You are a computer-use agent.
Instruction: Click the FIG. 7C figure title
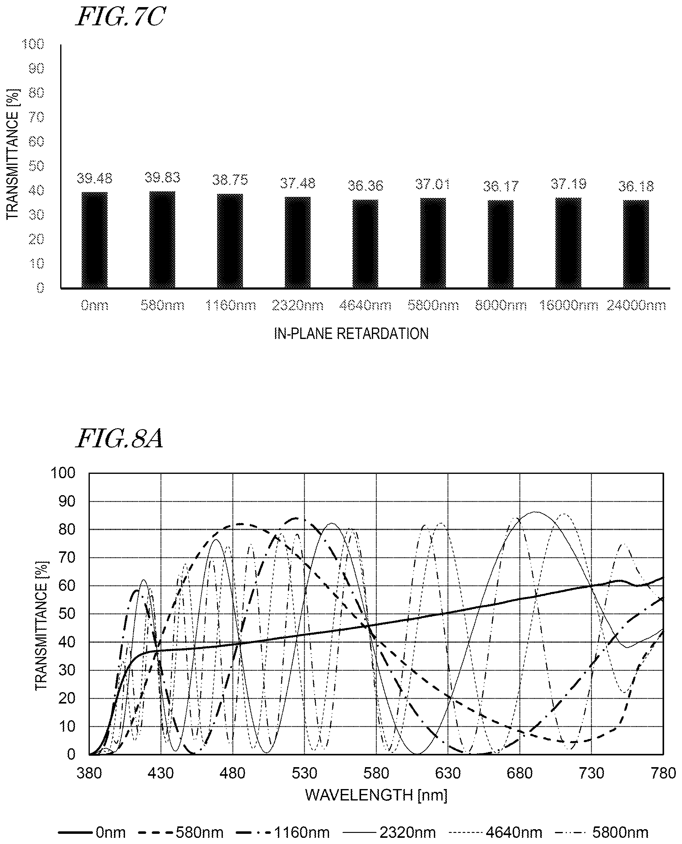[120, 17]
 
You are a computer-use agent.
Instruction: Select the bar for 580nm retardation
[162, 240]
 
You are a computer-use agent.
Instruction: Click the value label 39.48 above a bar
[94, 178]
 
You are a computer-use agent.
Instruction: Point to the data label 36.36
[365, 186]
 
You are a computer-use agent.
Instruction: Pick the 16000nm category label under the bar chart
[568, 305]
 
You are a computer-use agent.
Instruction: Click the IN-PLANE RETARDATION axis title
[351, 334]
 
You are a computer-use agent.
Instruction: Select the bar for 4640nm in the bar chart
[365, 244]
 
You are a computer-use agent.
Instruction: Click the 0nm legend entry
[92, 833]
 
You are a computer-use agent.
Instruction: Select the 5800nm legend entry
[601, 833]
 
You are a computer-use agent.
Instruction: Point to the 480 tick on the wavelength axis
[233, 773]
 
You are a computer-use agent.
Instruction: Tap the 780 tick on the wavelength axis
[663, 773]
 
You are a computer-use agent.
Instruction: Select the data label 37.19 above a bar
[568, 183]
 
